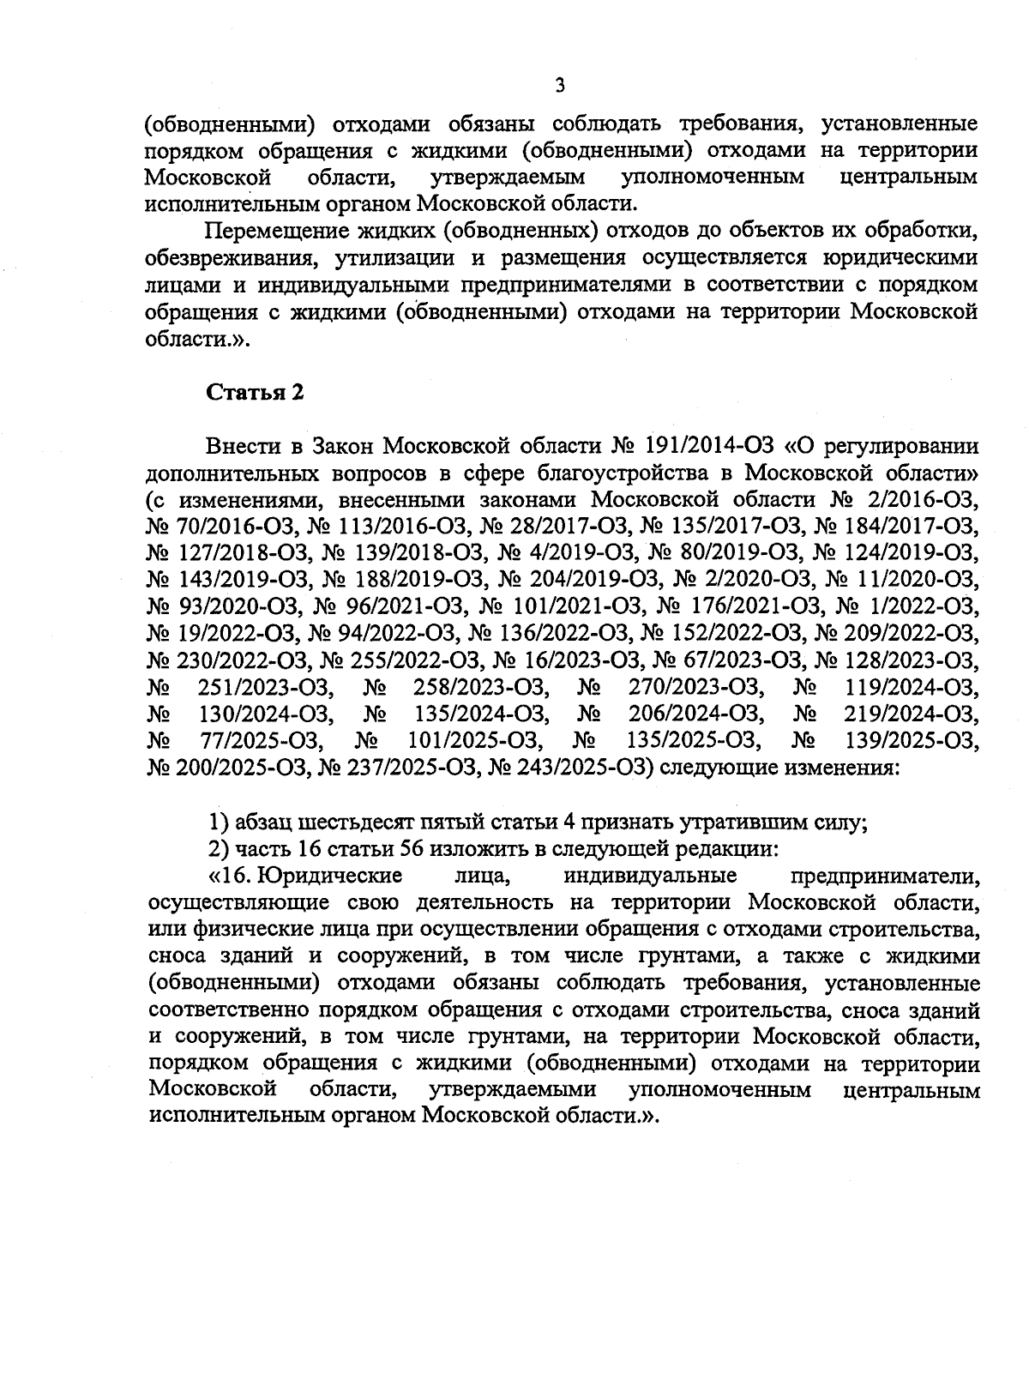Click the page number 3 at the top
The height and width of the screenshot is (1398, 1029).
pos(560,84)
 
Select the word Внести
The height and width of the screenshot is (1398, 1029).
pos(243,447)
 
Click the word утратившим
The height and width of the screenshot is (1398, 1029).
pos(743,823)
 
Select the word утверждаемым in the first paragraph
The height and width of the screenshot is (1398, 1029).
pos(512,178)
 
